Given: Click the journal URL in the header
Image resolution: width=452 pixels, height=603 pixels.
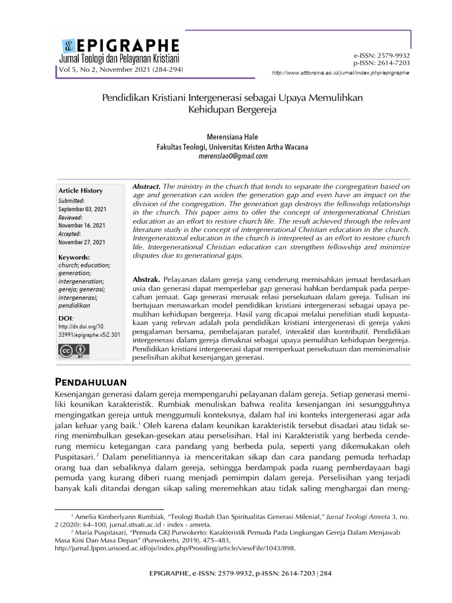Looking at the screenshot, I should tap(340, 72).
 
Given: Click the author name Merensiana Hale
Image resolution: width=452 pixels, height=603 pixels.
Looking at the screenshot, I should tap(232, 137).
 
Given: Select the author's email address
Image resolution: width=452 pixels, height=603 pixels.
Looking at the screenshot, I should tap(232, 156).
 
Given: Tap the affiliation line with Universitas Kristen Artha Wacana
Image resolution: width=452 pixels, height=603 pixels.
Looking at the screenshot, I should tap(232, 147).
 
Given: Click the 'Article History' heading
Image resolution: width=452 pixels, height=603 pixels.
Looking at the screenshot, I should tap(80, 191).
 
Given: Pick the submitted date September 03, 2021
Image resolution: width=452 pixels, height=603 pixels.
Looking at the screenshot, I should tap(82, 209).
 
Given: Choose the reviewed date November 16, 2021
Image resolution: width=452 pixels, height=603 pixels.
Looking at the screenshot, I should tap(82, 226).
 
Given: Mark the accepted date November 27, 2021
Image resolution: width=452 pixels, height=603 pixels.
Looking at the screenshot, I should tap(82, 242).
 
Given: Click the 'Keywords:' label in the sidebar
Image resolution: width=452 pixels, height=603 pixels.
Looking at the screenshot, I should tap(74, 257).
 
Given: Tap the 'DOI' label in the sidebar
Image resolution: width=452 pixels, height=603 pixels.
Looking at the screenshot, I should tap(65, 318).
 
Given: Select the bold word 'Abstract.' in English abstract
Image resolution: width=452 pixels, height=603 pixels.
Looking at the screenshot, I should tap(147, 185).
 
